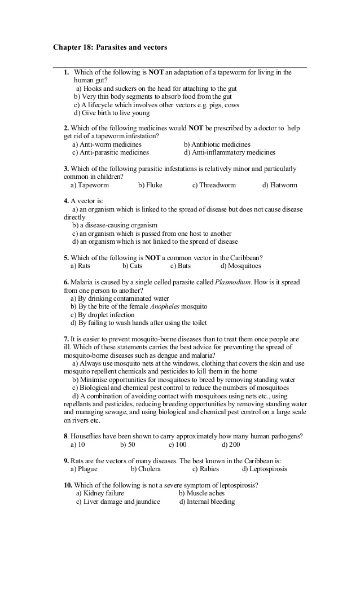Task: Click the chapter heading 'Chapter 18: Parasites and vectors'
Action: [x=110, y=48]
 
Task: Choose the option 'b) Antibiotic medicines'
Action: [x=217, y=144]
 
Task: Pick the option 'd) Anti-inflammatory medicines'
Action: [x=229, y=152]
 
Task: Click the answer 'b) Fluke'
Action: [x=150, y=185]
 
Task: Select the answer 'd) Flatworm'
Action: [x=279, y=185]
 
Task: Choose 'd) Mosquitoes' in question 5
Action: [x=240, y=266]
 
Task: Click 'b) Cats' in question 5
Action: [x=132, y=266]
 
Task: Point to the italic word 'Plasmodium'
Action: [x=232, y=282]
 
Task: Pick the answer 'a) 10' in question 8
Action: [x=78, y=445]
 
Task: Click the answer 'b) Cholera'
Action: [x=146, y=469]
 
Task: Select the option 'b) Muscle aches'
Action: [x=201, y=494]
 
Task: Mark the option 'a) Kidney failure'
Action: [x=100, y=494]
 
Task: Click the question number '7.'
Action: [x=66, y=339]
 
